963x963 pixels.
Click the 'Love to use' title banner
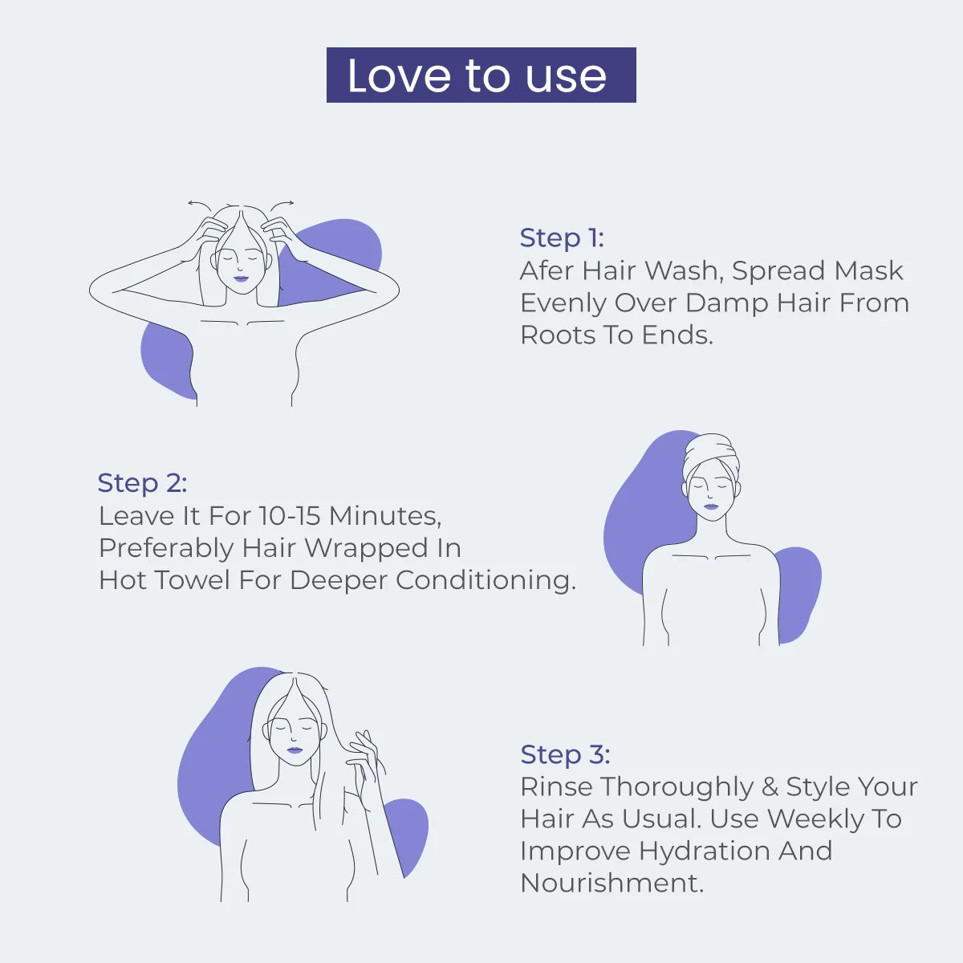(481, 75)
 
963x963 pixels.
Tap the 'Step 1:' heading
(562, 238)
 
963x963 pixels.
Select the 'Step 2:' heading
(142, 483)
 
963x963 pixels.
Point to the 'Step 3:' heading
(565, 754)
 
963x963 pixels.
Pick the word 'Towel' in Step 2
(192, 580)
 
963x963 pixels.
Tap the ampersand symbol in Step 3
(770, 787)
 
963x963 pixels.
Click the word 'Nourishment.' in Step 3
(612, 883)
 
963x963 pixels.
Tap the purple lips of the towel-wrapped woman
(711, 506)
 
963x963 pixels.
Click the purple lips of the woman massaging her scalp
(241, 278)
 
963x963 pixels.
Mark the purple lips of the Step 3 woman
(295, 750)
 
